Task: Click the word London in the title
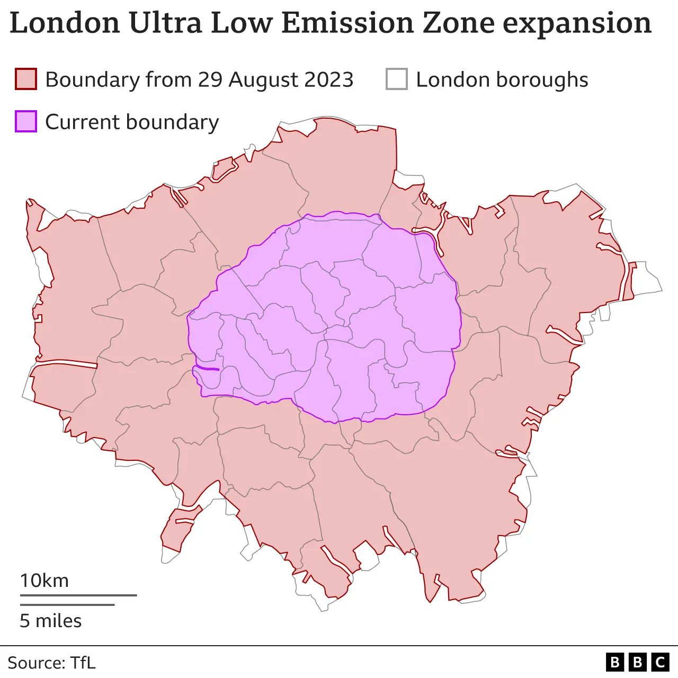coord(65,23)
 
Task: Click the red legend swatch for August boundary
coord(26,79)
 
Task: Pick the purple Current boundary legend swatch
coord(26,121)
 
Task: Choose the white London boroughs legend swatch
coord(397,79)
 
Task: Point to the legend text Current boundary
coord(132,122)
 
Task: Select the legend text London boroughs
coord(502,79)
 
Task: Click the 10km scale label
coord(44,581)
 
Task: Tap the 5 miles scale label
coord(51,621)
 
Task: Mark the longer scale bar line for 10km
coord(78,595)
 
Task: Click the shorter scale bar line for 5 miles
coord(67,604)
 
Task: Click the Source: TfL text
coord(51,663)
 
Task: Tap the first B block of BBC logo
coord(615,662)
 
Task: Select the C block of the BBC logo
coord(660,662)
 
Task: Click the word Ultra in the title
coord(165,23)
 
